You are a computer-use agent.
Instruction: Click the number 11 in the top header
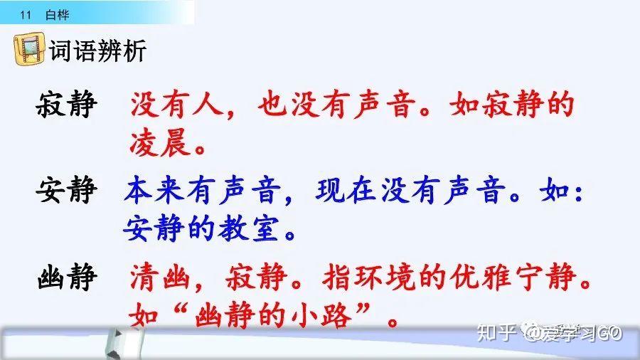(26, 15)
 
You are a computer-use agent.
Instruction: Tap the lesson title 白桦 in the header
(57, 15)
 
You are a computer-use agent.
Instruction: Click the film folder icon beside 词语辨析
(29, 49)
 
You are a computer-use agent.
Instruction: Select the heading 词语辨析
(97, 51)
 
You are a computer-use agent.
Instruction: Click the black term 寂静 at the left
(67, 104)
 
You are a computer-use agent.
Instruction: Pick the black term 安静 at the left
(67, 189)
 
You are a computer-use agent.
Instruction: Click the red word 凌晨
(161, 143)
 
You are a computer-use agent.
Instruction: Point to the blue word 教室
(248, 228)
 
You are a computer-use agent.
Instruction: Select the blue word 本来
(154, 190)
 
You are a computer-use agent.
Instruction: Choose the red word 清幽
(160, 277)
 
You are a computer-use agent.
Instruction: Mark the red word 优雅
(480, 277)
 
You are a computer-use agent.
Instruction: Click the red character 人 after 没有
(208, 105)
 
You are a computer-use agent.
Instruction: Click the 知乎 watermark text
(496, 333)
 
